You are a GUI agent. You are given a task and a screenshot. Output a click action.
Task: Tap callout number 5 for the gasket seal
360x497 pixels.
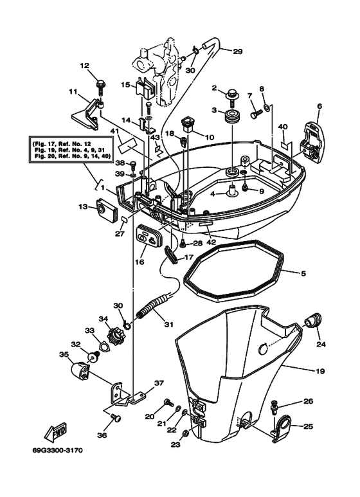point(302,273)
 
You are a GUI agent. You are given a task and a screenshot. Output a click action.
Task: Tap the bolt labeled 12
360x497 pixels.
point(100,82)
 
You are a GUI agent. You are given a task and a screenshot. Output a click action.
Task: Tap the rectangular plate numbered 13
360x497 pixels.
point(104,208)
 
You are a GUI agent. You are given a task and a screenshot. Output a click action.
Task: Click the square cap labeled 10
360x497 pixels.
point(188,122)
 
